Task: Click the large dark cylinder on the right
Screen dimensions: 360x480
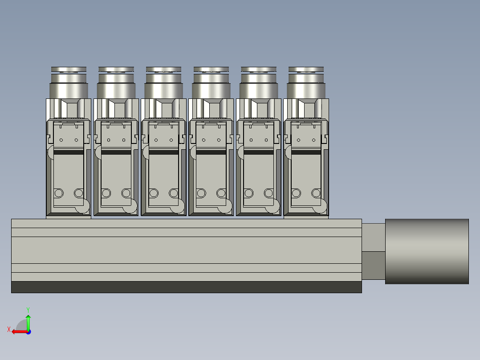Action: click(x=427, y=251)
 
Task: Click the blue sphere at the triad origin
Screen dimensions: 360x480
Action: click(x=28, y=331)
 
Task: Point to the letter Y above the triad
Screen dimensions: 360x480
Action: click(x=28, y=309)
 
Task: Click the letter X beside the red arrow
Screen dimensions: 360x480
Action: click(x=9, y=330)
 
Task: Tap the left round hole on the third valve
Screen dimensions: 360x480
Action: click(x=154, y=193)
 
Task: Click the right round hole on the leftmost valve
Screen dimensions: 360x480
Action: click(x=79, y=193)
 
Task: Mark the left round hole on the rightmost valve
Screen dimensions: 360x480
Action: click(x=296, y=193)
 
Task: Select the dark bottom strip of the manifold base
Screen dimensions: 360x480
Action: click(x=186, y=287)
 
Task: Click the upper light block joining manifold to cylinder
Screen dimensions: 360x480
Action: click(x=373, y=237)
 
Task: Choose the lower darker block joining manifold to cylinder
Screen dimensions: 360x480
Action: click(x=373, y=266)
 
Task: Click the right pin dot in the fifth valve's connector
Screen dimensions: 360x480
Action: click(x=265, y=140)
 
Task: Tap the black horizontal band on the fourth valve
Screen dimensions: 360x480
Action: click(x=211, y=152)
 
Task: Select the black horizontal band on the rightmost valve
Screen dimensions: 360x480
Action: click(x=305, y=152)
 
